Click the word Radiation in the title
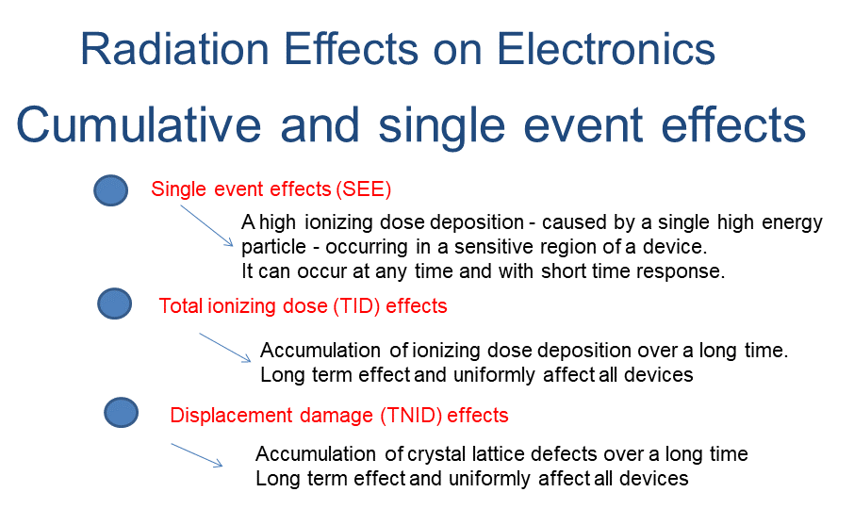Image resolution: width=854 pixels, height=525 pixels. pos(174,49)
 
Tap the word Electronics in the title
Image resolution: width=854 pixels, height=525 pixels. pos(606,49)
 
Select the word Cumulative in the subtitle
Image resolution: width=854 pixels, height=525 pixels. pos(139,124)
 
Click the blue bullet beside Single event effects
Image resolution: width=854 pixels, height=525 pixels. pos(110,190)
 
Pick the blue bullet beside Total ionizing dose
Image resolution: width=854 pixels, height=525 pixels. pos(114,304)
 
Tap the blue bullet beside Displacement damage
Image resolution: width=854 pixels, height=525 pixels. pos(121,412)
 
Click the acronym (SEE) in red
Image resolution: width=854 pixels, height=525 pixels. pos(363,189)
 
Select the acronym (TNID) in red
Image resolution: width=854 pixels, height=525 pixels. pos(411,416)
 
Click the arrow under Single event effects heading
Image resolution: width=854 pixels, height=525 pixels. pos(207,226)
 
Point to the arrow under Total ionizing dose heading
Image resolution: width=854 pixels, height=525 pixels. pos(225,348)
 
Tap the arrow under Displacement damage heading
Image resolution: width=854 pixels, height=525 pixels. pos(197,455)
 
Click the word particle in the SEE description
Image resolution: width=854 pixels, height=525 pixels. pos(273,247)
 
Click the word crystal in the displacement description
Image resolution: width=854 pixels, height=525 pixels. pos(435,454)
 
